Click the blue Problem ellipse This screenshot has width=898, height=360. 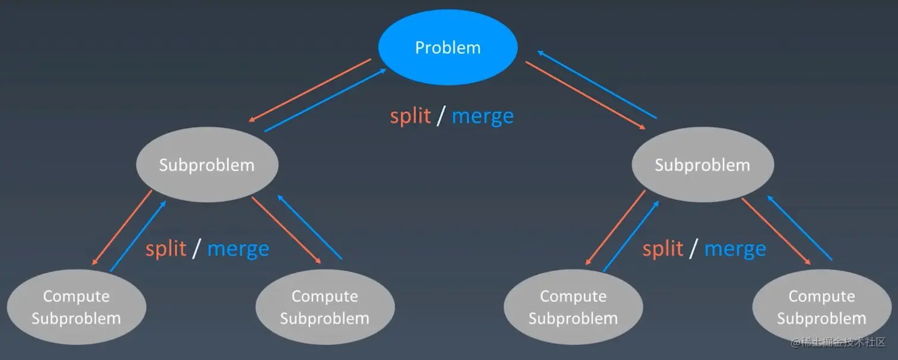click(448, 48)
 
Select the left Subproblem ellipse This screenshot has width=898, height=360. click(207, 165)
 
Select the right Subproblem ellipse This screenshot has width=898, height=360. click(703, 165)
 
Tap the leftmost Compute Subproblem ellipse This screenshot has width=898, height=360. click(77, 307)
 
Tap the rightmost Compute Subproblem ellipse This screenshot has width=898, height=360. click(822, 307)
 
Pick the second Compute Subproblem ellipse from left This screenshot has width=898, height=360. click(325, 307)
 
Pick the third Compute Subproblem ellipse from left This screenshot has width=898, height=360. click(573, 307)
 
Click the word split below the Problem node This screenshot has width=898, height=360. click(410, 116)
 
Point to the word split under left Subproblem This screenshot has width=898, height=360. click(166, 250)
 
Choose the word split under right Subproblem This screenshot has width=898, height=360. click(663, 250)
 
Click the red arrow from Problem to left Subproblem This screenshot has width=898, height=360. click(309, 90)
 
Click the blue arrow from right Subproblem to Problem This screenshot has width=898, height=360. click(597, 84)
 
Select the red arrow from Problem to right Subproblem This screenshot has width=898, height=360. click(586, 96)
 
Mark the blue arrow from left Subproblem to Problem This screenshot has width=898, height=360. click(325, 100)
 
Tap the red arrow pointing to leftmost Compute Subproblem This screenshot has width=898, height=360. click(122, 228)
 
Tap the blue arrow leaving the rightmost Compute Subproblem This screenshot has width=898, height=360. click(799, 228)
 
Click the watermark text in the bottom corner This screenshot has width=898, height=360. click(838, 342)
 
